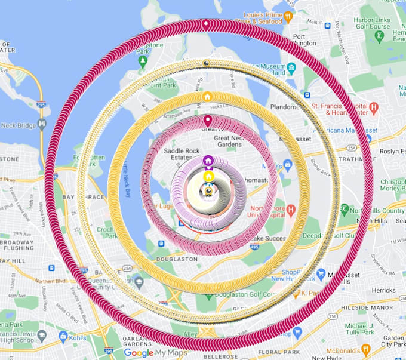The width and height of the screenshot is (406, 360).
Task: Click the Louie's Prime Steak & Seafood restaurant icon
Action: point(288,17)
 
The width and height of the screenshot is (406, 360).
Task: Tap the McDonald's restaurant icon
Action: point(366,349)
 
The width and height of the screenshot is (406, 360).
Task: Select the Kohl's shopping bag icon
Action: point(63,337)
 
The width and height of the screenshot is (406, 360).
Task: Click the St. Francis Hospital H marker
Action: point(374,108)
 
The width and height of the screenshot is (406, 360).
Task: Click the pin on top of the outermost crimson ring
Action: point(206,24)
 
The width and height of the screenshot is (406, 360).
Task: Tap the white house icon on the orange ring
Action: point(207,97)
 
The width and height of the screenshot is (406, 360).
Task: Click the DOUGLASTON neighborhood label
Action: point(177,260)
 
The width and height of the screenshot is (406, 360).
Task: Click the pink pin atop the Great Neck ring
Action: point(208,120)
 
